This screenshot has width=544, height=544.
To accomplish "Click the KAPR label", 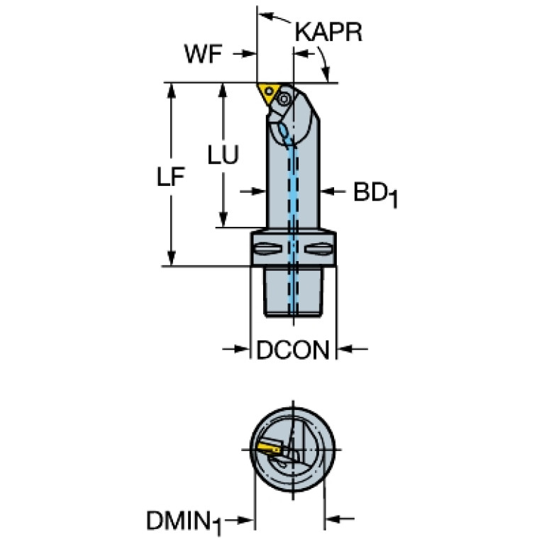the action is tap(328, 32).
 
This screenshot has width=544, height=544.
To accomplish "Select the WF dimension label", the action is tap(203, 54).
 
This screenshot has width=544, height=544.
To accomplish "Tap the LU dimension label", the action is tap(223, 155).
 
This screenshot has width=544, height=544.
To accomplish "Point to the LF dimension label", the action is tap(171, 177).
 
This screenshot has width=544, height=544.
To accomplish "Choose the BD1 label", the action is tap(375, 194).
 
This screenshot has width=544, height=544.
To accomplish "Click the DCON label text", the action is tap(293, 350).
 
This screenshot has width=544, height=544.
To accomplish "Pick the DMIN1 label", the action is tap(184, 522).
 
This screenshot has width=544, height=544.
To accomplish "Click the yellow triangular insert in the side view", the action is tap(269, 92).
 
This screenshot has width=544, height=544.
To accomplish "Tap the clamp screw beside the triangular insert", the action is tap(284, 99).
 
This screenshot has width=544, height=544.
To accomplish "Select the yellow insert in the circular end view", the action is tap(269, 448).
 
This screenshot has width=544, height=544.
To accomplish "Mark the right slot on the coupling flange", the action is tap(317, 249).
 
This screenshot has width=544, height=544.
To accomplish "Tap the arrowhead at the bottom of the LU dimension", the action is tap(223, 220).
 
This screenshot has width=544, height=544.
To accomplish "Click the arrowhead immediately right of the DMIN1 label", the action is tap(248, 520).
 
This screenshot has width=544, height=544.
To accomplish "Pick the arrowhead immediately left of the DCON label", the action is tap(243, 349).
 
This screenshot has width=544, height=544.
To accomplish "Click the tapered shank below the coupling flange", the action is tap(294, 292).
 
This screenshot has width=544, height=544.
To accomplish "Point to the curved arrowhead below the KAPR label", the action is tap(326, 74).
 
